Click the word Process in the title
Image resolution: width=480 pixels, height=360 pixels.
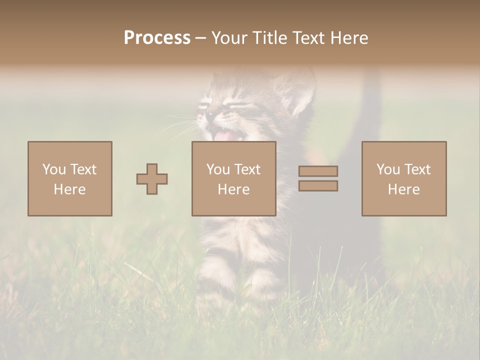tap(157, 38)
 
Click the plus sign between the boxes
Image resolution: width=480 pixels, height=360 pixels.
tap(152, 179)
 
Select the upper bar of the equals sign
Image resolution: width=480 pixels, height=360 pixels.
tap(318, 171)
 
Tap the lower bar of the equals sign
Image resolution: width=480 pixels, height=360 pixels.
tap(318, 186)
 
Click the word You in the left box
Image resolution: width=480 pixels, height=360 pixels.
tap(54, 169)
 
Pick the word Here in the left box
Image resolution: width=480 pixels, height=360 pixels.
tap(69, 189)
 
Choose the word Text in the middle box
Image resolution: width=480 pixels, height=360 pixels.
tap(247, 169)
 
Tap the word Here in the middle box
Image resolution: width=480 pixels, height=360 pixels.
tap(233, 189)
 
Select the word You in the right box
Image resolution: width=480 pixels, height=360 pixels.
tap(388, 169)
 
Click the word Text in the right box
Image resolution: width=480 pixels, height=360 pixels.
tap(417, 169)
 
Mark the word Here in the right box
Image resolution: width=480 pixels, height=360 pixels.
tap(403, 189)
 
